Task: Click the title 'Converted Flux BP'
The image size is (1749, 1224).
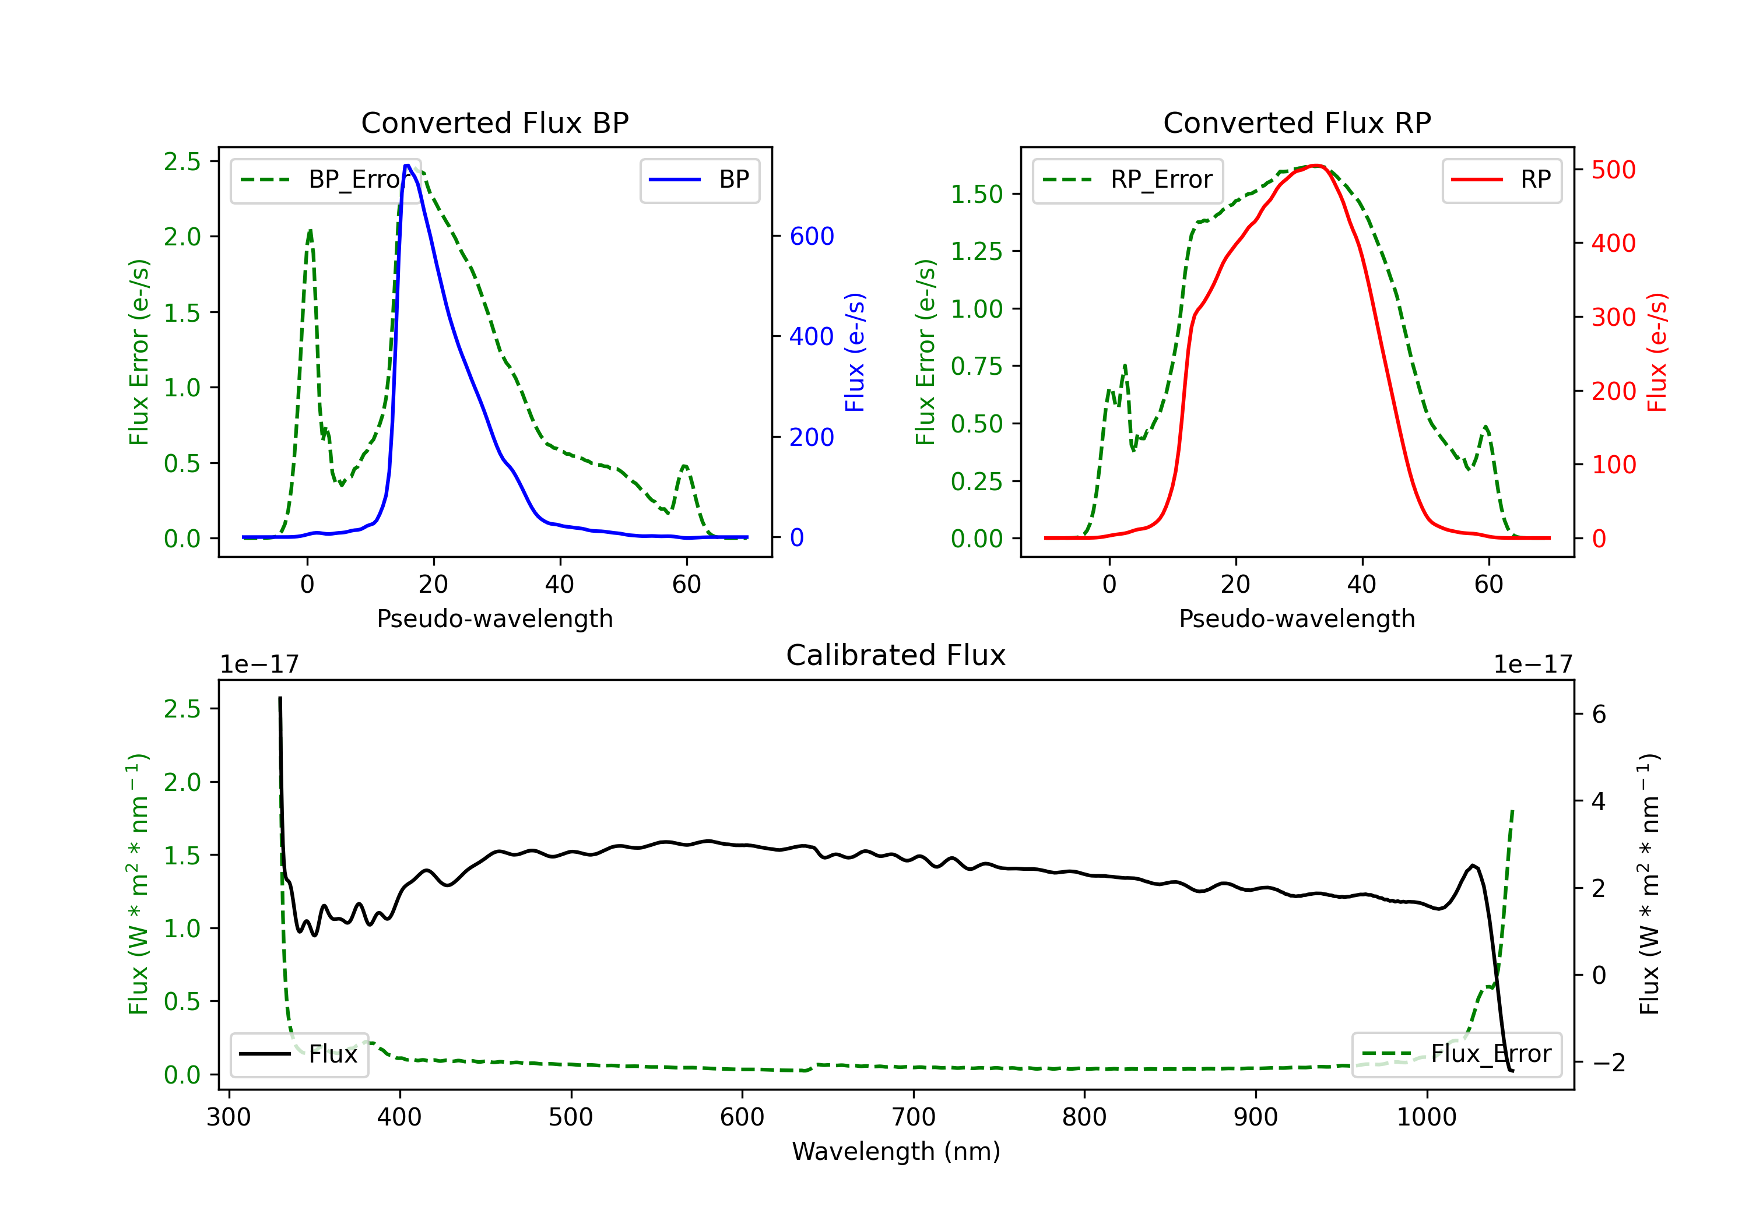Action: click(x=494, y=122)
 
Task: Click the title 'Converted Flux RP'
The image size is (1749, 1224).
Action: click(x=1297, y=122)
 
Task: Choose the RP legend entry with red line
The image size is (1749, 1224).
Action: click(x=1501, y=180)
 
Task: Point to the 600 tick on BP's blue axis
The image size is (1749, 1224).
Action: click(x=812, y=236)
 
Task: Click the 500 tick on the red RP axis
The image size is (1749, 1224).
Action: click(x=1613, y=170)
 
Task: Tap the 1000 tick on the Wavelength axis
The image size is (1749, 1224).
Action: click(x=1426, y=1117)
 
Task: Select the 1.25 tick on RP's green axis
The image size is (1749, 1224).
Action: click(x=976, y=251)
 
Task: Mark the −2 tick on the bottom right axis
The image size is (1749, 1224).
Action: click(x=1607, y=1062)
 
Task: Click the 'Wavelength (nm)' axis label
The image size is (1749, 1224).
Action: click(x=896, y=1151)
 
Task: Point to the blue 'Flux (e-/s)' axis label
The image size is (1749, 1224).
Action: click(x=855, y=352)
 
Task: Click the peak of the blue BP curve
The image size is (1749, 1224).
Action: click(x=408, y=166)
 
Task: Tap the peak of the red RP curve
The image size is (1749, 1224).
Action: click(x=1316, y=166)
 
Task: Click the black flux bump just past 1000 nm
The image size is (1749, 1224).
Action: click(x=1473, y=866)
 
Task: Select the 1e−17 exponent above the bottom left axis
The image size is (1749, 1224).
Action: click(x=259, y=664)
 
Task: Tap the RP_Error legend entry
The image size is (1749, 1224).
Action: click(x=1128, y=180)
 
